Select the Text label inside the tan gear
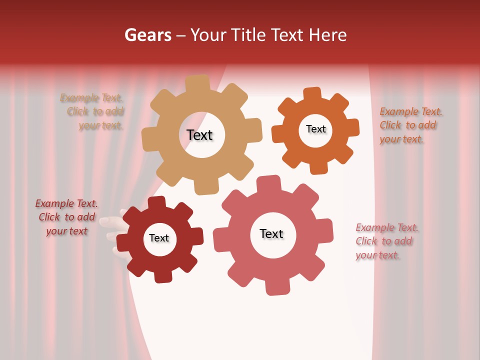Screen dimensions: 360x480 (199, 135)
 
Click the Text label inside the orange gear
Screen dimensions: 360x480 (315, 129)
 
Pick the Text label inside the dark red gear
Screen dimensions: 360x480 (159, 238)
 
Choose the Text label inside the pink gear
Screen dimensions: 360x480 (271, 233)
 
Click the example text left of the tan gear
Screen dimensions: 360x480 (93, 111)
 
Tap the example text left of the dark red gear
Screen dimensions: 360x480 (66, 217)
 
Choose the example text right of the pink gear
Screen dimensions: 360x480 (385, 241)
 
